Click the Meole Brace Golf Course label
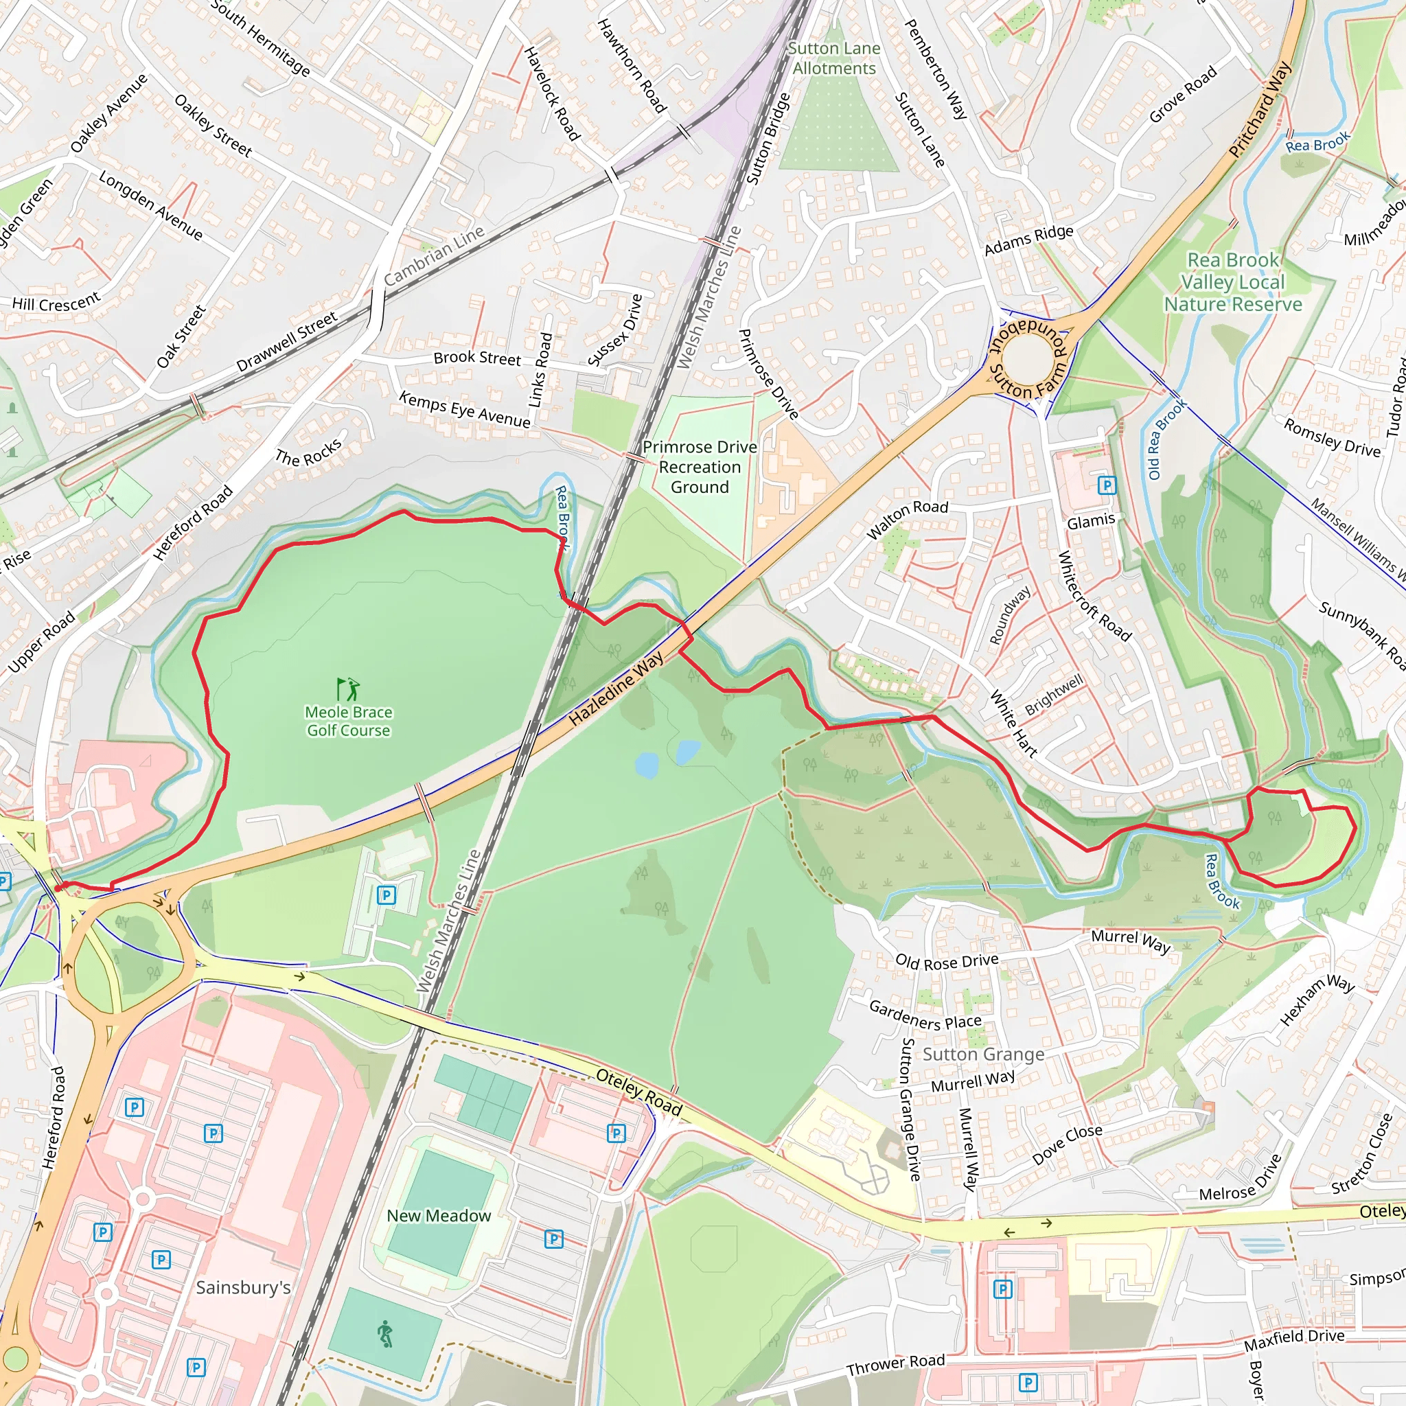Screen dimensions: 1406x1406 coord(349,722)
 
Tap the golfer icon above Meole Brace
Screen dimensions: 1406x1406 coord(349,689)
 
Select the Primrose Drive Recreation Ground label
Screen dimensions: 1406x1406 coord(700,468)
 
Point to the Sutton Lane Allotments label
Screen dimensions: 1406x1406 coord(834,58)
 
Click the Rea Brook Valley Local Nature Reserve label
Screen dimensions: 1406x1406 coord(1233,282)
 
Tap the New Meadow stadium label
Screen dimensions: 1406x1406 coord(439,1215)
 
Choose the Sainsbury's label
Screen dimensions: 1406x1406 coord(243,1287)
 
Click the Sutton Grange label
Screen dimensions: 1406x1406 coord(983,1054)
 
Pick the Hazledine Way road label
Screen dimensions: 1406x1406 coord(616,689)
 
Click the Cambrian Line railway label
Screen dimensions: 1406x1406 coord(434,256)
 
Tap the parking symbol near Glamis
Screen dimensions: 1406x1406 coord(1107,485)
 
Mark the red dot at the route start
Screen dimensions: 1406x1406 coord(59,887)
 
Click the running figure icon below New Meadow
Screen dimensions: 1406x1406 coord(385,1334)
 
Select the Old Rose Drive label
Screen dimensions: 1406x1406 coord(947,961)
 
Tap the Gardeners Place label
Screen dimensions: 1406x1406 coord(925,1015)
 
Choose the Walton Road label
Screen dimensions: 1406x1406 coord(908,519)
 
